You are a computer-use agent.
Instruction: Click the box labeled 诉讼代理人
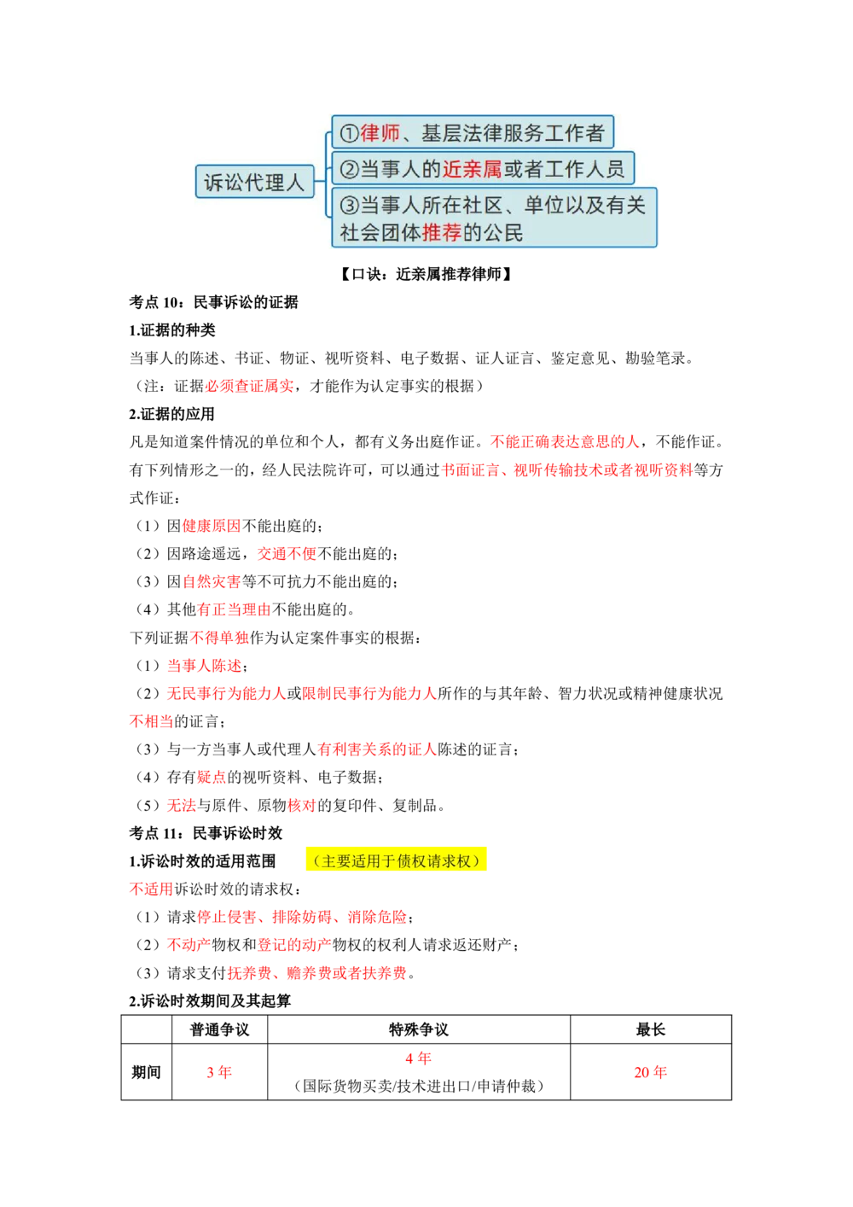(254, 182)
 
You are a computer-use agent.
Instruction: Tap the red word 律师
(380, 133)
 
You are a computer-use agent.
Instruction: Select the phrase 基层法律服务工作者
(513, 133)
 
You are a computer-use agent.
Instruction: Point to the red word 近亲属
(472, 169)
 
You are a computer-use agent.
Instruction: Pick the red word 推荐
(442, 233)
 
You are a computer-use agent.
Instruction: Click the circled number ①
(348, 133)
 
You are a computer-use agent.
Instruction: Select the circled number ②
(348, 169)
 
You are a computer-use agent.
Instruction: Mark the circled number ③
(348, 206)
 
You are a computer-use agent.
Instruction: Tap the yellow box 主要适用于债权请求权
(396, 860)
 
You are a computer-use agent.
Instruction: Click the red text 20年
(648, 1072)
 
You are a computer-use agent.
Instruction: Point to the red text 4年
(418, 1058)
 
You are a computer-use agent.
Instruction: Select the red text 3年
(218, 1072)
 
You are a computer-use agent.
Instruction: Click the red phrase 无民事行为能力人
(225, 693)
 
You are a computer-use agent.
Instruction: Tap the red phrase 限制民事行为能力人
(368, 693)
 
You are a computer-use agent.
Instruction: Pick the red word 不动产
(188, 945)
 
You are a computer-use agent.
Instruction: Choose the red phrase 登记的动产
(294, 945)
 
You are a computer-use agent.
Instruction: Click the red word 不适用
(150, 889)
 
